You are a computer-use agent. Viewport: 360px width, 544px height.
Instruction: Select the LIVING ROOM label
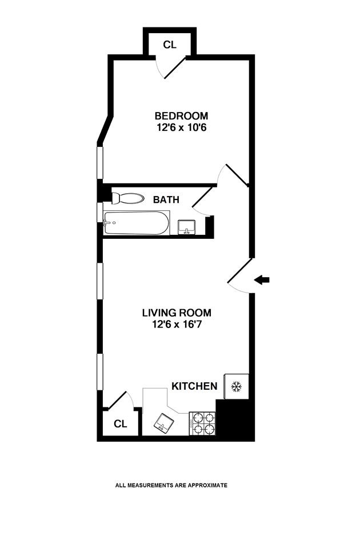pyautogui.click(x=177, y=313)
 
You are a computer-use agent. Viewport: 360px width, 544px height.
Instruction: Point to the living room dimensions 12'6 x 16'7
pyautogui.click(x=177, y=325)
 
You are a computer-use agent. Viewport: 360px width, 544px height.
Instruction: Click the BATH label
pyautogui.click(x=166, y=200)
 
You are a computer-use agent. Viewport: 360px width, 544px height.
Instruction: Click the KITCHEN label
pyautogui.click(x=194, y=386)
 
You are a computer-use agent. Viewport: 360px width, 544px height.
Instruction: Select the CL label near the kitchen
pyautogui.click(x=119, y=423)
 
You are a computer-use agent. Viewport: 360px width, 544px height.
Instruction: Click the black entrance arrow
pyautogui.click(x=262, y=279)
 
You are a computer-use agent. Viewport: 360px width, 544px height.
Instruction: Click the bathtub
pyautogui.click(x=137, y=223)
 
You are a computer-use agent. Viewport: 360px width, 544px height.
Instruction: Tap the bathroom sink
pyautogui.click(x=186, y=227)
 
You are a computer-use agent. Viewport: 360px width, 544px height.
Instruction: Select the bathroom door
pyautogui.click(x=202, y=197)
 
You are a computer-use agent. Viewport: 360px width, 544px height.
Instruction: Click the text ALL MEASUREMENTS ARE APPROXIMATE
pyautogui.click(x=171, y=485)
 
